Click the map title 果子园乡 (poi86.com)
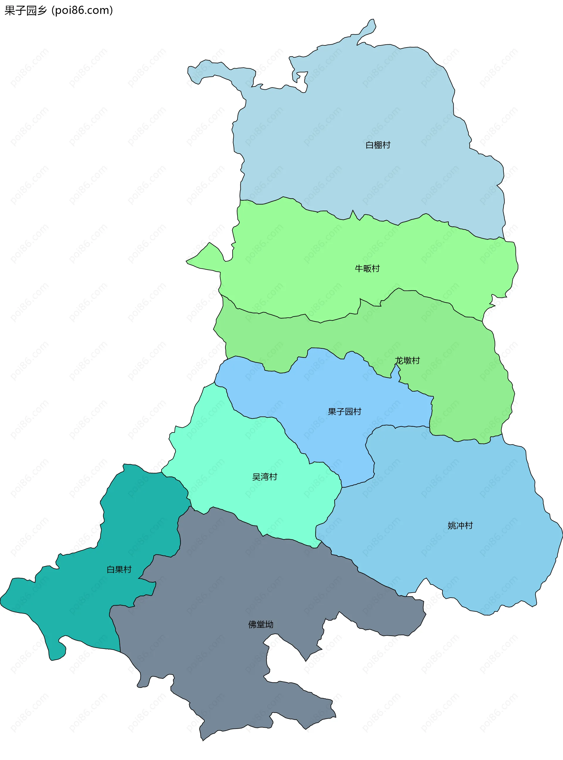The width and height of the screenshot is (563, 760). pos(58,11)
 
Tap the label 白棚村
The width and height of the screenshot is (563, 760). pos(378,145)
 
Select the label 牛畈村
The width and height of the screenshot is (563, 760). pos(367,269)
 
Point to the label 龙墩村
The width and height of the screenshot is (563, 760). pos(407,361)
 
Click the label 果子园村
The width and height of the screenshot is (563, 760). pos(344,412)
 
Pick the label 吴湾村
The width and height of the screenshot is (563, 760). pos(264,477)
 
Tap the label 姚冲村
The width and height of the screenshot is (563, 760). pos(460,526)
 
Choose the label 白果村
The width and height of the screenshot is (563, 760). pos(119,569)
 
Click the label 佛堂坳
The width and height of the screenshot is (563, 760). pos(261,624)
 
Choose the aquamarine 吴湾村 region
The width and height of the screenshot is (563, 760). pos(221,460)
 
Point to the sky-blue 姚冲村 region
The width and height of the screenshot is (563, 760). pos(443,494)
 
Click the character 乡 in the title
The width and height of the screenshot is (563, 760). pos(42,11)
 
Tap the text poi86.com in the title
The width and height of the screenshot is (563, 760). pos(82,11)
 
